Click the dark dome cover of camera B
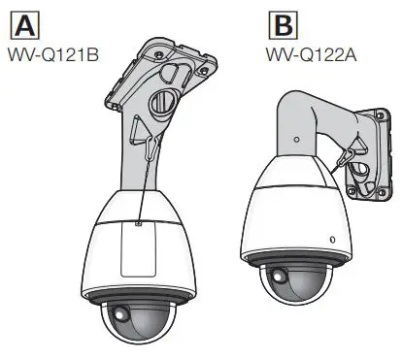click(x=291, y=289)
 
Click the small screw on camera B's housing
click(x=331, y=239)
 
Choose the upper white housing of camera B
click(x=291, y=209)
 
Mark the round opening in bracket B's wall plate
click(x=360, y=174)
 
